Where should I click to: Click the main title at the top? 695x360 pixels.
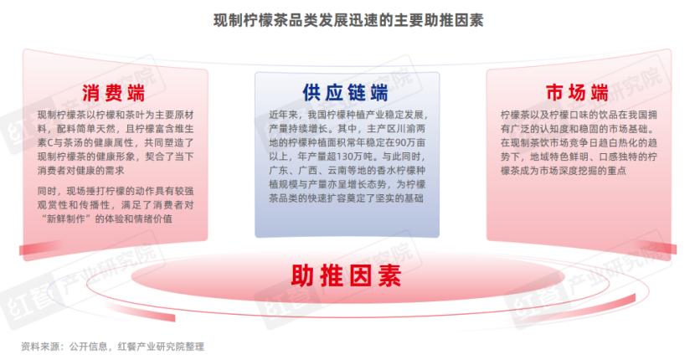click(348, 20)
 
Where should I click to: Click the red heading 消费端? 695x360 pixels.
click(114, 93)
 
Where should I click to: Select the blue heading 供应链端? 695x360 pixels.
click(345, 93)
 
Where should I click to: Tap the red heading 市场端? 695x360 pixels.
click(577, 93)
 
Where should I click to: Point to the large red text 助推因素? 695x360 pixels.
click(346, 275)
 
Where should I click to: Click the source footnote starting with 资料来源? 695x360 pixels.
click(112, 347)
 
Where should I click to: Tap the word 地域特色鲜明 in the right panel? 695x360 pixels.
click(559, 157)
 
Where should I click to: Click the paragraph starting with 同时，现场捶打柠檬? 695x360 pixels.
click(116, 205)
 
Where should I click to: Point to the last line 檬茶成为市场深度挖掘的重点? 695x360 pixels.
click(564, 171)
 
